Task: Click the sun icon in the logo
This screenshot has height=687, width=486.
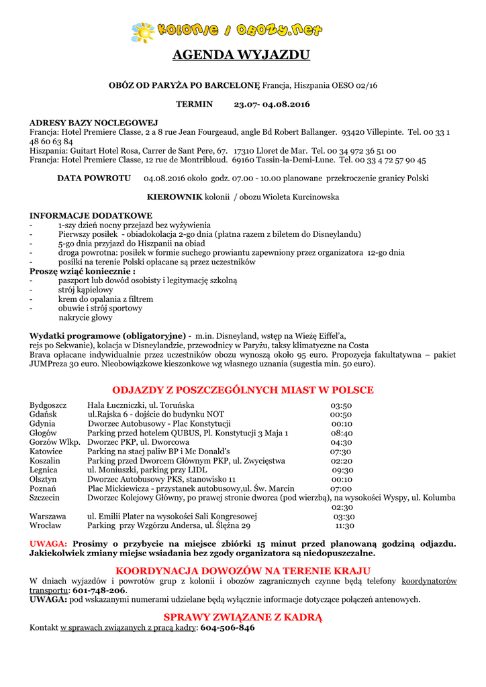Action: click(x=143, y=32)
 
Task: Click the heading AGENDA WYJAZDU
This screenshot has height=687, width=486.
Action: click(x=242, y=55)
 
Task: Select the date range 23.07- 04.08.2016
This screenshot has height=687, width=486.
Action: click(x=272, y=104)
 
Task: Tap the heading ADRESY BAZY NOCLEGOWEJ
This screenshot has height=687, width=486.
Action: click(x=93, y=123)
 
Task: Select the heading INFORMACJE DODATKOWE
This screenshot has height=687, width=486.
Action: click(x=91, y=215)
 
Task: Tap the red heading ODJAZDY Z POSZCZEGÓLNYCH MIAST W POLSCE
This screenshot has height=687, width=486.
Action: click(x=243, y=390)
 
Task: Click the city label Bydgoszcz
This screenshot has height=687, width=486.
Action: click(x=48, y=405)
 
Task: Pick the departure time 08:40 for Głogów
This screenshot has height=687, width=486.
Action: click(x=341, y=433)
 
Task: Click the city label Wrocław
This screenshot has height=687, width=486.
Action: click(x=46, y=526)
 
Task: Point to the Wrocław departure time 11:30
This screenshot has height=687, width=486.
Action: click(x=344, y=526)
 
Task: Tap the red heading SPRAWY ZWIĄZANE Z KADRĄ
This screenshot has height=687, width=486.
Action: click(x=243, y=617)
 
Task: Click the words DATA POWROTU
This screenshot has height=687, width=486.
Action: click(x=94, y=178)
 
